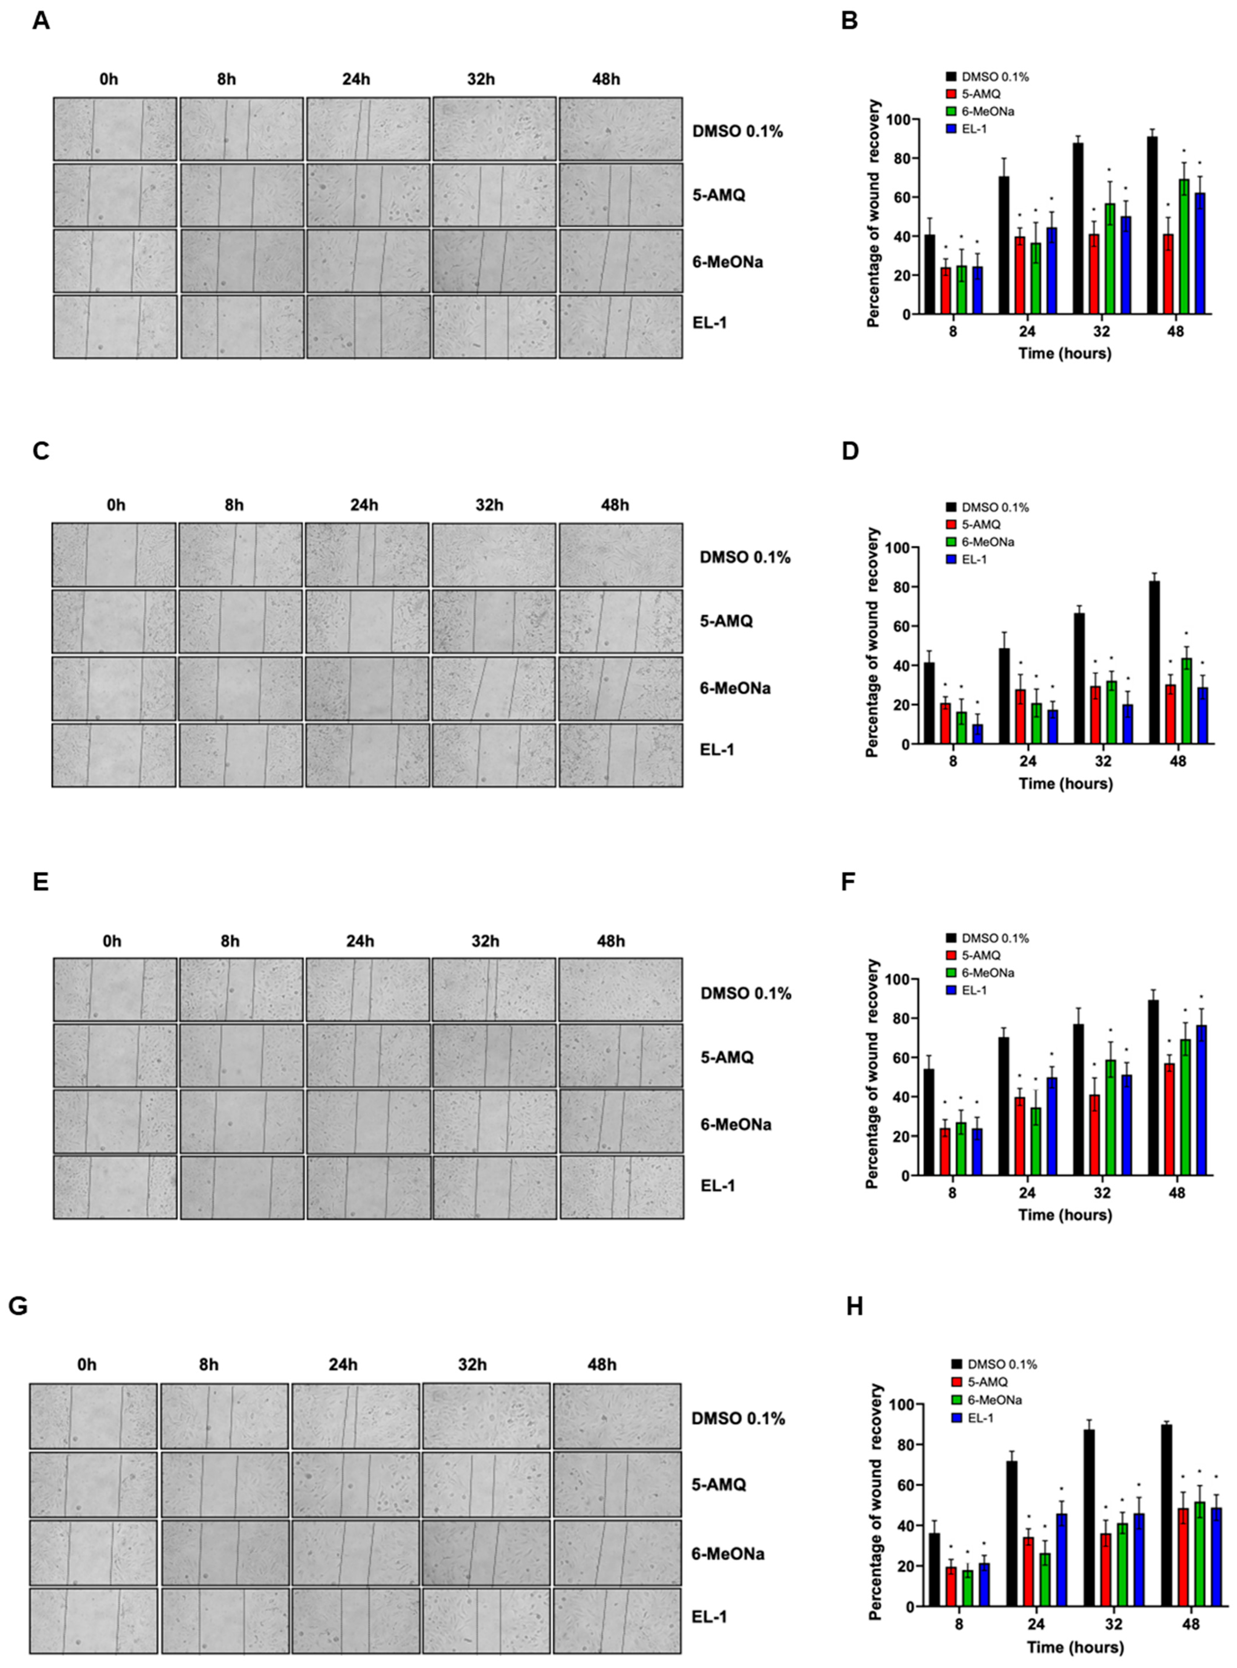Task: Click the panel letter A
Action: tap(41, 21)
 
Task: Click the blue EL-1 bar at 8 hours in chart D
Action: tap(977, 734)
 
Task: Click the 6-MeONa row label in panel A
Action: tap(728, 262)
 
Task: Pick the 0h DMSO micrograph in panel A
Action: tap(115, 129)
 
